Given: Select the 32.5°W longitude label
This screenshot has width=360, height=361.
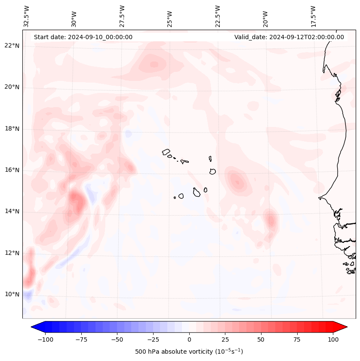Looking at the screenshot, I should (27, 16).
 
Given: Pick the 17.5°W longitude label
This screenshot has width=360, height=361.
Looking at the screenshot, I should (313, 16).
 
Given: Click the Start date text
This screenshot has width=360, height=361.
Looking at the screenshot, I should (83, 37).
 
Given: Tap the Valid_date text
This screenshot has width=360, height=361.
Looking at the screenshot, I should (289, 37).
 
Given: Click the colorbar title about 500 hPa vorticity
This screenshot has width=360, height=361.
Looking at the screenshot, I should (189, 352).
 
